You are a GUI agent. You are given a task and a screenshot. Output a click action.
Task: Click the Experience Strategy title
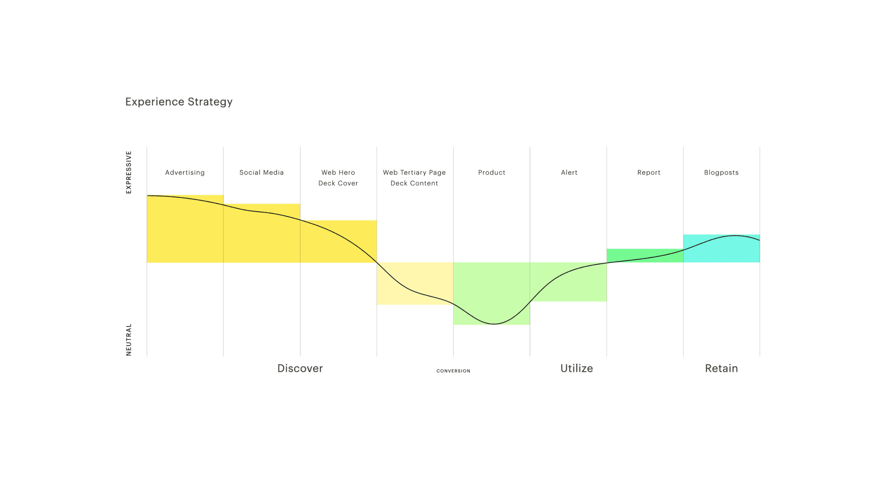(179, 102)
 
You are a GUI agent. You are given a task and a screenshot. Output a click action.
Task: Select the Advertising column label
(185, 172)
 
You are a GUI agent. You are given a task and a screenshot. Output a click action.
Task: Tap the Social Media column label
(261, 172)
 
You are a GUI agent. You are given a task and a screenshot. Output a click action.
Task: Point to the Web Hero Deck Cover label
(338, 178)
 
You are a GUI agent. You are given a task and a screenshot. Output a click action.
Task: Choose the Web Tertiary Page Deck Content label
(414, 178)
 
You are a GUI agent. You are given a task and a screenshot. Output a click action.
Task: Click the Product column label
(492, 172)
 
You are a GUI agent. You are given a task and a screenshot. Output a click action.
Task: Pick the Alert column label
(569, 172)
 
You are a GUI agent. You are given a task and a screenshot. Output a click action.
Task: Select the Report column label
(649, 172)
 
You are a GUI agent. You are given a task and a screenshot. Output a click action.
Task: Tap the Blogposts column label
(721, 172)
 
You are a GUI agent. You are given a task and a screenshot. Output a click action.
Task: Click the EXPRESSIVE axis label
(129, 172)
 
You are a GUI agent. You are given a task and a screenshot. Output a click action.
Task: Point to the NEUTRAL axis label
(129, 339)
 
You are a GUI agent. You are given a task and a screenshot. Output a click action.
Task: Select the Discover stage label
(300, 368)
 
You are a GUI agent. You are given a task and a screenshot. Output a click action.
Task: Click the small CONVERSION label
(454, 371)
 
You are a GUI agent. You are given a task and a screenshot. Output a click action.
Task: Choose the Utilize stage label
(577, 368)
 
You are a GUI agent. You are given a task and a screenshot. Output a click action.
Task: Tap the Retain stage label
(721, 368)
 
